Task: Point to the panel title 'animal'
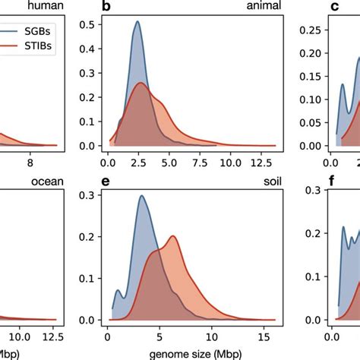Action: (x=263, y=7)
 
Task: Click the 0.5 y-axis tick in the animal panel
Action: (x=89, y=25)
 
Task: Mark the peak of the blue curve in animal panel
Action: (x=137, y=21)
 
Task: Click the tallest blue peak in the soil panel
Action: (x=141, y=217)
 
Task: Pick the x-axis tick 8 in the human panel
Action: (x=30, y=161)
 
